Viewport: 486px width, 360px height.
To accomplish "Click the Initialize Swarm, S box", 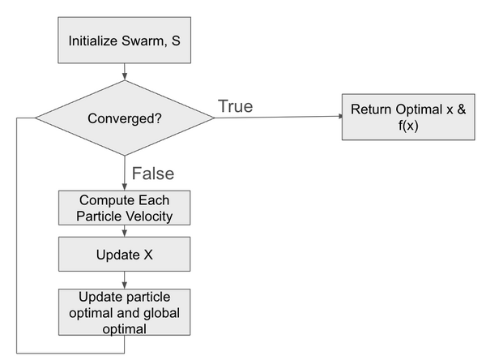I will click(x=124, y=38).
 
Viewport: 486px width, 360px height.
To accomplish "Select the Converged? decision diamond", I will click(x=124, y=119).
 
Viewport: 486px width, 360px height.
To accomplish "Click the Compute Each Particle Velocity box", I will click(x=124, y=208).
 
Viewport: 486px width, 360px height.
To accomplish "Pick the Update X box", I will click(x=124, y=254).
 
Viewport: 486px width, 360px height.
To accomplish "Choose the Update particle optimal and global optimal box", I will click(x=124, y=311).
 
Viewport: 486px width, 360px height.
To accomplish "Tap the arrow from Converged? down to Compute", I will click(x=124, y=174).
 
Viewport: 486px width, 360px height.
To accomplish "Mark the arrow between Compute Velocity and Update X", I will click(x=124, y=231).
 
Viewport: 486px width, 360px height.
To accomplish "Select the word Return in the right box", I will click(x=370, y=109).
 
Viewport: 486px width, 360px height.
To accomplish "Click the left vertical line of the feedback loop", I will click(x=16, y=235).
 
